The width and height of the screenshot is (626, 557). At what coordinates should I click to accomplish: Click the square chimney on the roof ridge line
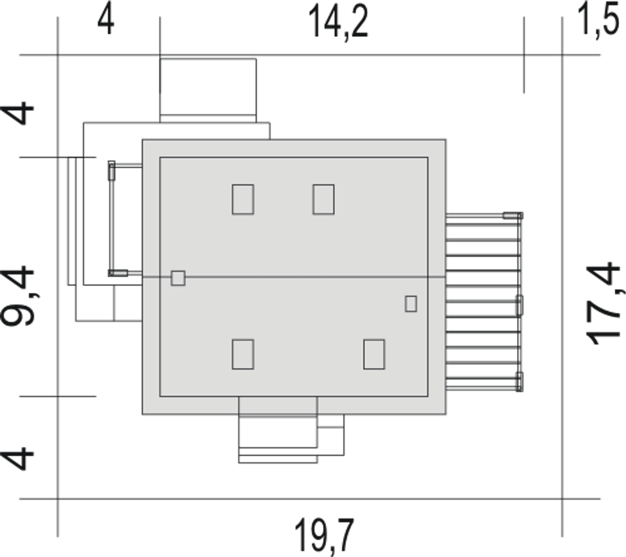pos(178,278)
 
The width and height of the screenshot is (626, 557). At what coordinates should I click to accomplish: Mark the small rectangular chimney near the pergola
pos(411,304)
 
